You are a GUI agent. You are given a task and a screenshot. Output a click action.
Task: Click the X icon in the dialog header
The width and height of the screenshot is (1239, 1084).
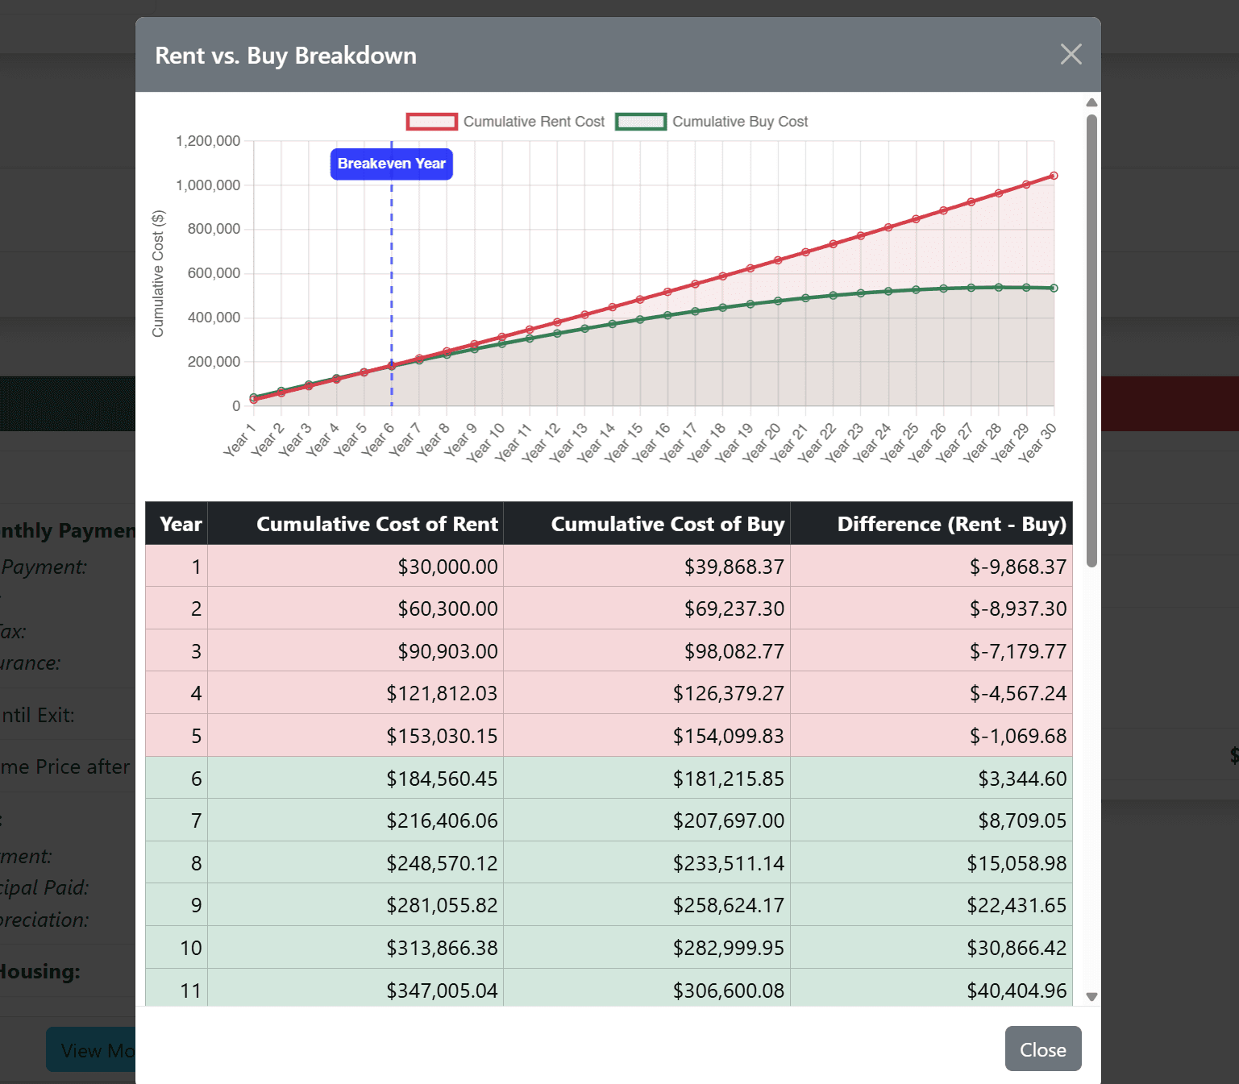1071,55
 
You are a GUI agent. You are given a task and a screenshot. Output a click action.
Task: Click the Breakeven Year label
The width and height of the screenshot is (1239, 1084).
391,164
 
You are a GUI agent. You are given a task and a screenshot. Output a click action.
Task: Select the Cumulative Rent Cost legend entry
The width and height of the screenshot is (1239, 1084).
505,122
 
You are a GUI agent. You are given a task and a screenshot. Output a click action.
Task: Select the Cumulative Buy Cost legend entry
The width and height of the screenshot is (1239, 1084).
712,122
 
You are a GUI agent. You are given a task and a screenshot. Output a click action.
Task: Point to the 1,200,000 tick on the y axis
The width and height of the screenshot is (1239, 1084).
208,141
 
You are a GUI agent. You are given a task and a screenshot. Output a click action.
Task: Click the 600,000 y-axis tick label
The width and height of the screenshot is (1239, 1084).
214,273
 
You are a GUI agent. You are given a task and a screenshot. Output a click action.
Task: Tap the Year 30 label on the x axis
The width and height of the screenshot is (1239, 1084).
1037,442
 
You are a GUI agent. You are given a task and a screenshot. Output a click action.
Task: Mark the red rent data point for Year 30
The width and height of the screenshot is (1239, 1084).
1054,176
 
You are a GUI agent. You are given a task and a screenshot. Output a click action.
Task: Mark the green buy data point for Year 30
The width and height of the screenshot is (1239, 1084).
1054,288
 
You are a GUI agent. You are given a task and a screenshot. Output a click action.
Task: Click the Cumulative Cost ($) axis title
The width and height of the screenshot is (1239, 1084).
158,274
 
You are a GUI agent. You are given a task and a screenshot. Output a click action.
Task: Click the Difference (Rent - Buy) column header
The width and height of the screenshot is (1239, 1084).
951,524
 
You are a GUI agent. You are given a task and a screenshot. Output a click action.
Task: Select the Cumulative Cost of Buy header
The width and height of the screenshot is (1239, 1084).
667,524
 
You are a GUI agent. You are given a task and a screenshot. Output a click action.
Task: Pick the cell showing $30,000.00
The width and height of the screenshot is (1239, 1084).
447,567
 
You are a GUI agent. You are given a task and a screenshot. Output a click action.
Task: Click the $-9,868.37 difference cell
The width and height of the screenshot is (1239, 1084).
1017,567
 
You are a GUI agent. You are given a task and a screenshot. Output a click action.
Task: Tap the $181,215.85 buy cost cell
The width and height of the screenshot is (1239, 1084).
728,779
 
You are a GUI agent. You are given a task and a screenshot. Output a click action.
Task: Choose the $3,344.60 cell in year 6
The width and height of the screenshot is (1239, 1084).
1021,779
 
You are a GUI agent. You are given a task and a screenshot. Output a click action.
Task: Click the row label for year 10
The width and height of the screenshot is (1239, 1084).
190,948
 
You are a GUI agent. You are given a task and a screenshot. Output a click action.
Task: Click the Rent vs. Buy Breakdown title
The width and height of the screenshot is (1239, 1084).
285,56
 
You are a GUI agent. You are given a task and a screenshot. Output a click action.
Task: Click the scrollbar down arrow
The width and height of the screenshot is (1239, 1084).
1091,997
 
